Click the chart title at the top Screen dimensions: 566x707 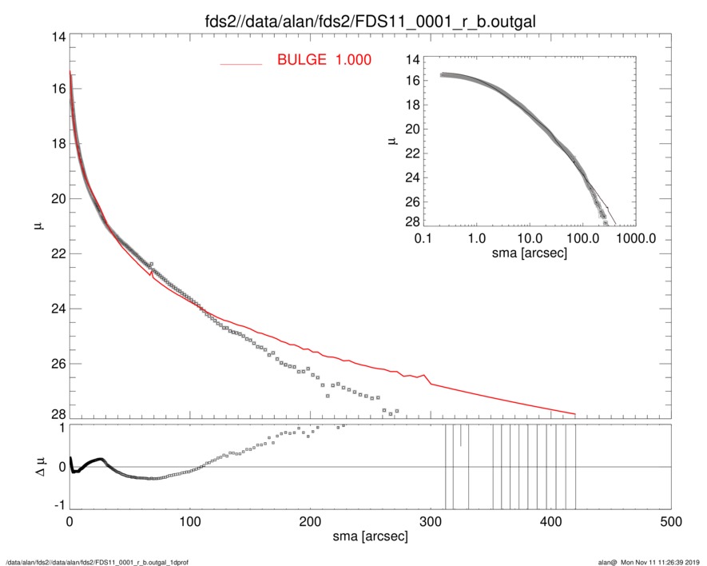tap(370, 18)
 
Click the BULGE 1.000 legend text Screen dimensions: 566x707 tap(324, 60)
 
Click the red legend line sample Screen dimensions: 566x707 tap(240, 62)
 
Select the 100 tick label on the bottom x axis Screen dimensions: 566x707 tap(190, 522)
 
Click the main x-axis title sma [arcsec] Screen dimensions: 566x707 tap(370, 536)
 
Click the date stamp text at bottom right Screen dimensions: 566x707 tap(654, 561)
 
